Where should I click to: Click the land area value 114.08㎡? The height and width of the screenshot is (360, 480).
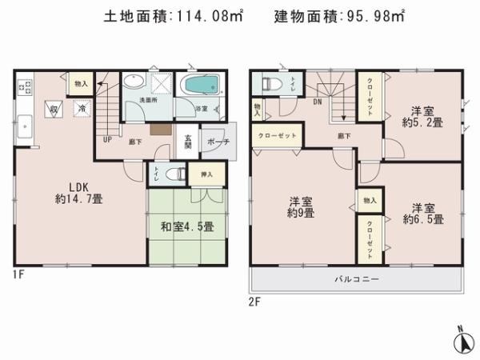coord(210,16)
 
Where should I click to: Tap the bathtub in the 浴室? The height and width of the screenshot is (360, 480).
coord(202,85)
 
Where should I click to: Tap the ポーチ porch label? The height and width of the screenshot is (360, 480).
coord(217,142)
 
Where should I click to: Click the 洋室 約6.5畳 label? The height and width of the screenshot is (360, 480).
coord(423,211)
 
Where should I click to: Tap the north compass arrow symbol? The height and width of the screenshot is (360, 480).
coord(462,340)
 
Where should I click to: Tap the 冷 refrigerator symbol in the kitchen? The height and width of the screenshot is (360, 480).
coord(81,106)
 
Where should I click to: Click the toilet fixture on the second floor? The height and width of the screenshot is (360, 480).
coord(270,84)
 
